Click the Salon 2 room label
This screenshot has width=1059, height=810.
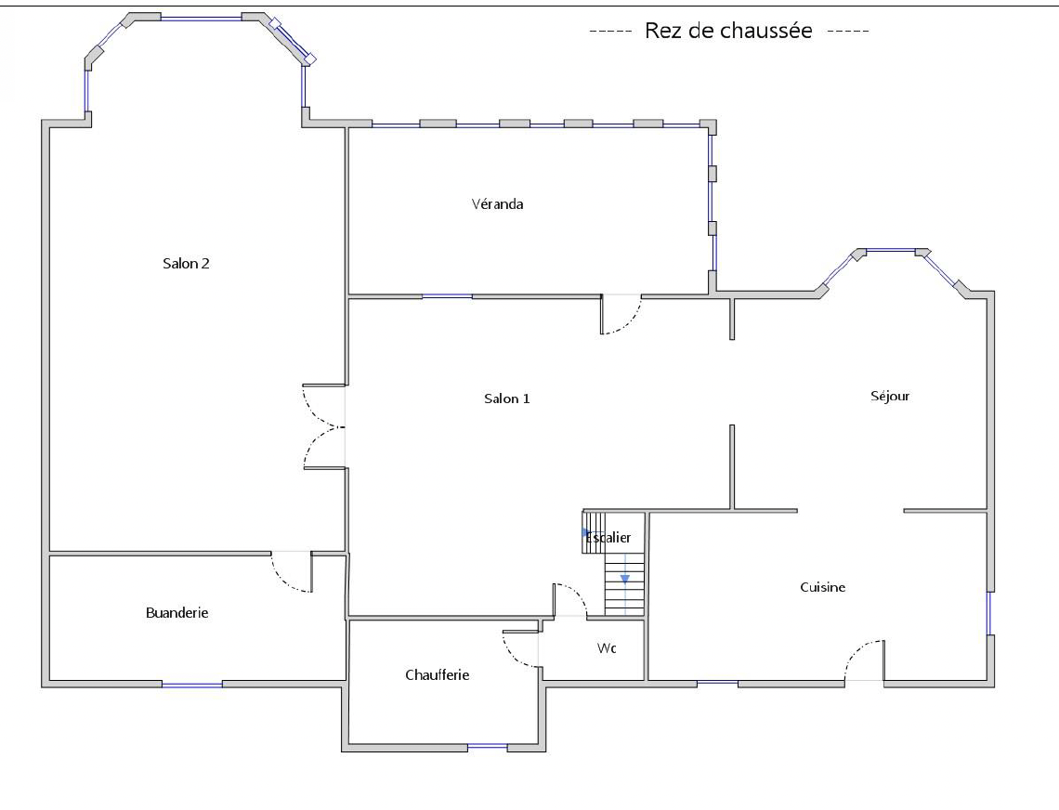[x=186, y=264]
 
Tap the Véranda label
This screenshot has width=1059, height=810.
[x=497, y=204]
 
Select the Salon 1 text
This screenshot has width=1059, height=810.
[x=506, y=398]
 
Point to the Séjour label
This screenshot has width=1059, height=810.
[x=890, y=397]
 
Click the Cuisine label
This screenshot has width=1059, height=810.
[x=823, y=587]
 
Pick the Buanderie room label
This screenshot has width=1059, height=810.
[x=176, y=613]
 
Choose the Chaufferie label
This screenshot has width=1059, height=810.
[x=437, y=675]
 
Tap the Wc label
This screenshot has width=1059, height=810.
[x=607, y=648]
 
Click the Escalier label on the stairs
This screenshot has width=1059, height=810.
[x=608, y=538]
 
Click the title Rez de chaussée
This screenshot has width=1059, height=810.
[x=728, y=31]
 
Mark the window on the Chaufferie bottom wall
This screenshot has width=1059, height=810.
[x=487, y=747]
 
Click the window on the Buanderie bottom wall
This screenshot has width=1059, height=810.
[x=191, y=685]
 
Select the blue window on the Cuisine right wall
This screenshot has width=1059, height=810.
[x=989, y=613]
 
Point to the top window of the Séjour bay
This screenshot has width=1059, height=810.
[x=891, y=251]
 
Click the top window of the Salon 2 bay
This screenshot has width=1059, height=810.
[x=201, y=19]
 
